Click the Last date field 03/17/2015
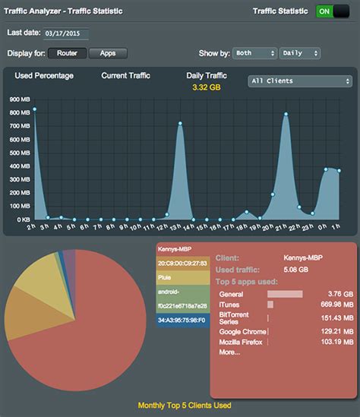coord(67,33)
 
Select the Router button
coord(66,53)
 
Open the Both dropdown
coord(254,53)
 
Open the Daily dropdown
coord(301,53)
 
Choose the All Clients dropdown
coord(300,81)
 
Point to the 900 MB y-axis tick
coord(19,100)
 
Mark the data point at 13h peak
coord(180,123)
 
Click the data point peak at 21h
coord(286,115)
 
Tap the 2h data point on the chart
coord(34,109)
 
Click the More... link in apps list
coord(229,352)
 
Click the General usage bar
coord(285,294)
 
